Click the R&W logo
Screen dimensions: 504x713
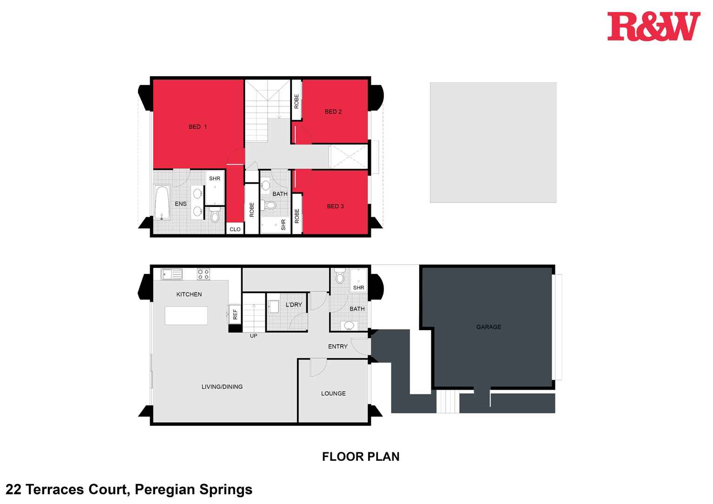coord(653,27)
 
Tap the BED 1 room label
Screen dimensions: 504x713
coord(198,127)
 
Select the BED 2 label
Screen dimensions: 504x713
coord(333,112)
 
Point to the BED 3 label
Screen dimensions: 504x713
coord(335,206)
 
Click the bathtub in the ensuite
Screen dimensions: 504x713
coord(162,203)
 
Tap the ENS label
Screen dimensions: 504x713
coord(181,204)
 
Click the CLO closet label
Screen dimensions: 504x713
coord(235,229)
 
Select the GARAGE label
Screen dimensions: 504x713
coord(489,327)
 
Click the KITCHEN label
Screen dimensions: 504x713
coord(189,294)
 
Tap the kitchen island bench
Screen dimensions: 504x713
coord(186,316)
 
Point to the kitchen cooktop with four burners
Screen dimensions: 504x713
coord(204,274)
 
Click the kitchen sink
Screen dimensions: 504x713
coord(172,274)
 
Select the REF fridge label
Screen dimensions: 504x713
coord(235,314)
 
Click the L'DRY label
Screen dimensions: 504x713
coord(294,305)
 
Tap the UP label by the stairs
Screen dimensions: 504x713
coord(253,336)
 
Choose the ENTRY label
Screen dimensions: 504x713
coord(338,347)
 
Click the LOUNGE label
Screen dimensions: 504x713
coord(333,394)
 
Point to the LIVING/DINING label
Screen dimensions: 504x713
coord(222,387)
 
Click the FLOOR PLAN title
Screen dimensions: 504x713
coord(361,457)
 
